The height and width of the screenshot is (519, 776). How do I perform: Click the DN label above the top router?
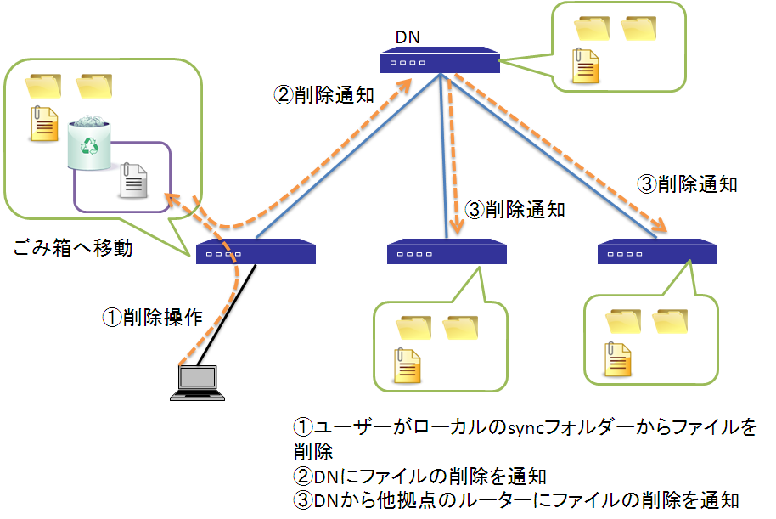[408, 37]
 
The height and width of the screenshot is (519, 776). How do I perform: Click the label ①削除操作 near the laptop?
[153, 317]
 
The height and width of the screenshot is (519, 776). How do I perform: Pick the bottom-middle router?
[447, 252]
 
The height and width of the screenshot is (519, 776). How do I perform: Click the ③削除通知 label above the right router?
[687, 183]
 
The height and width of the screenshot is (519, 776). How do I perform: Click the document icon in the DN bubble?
[587, 67]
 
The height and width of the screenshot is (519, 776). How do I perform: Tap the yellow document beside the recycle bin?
[44, 124]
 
